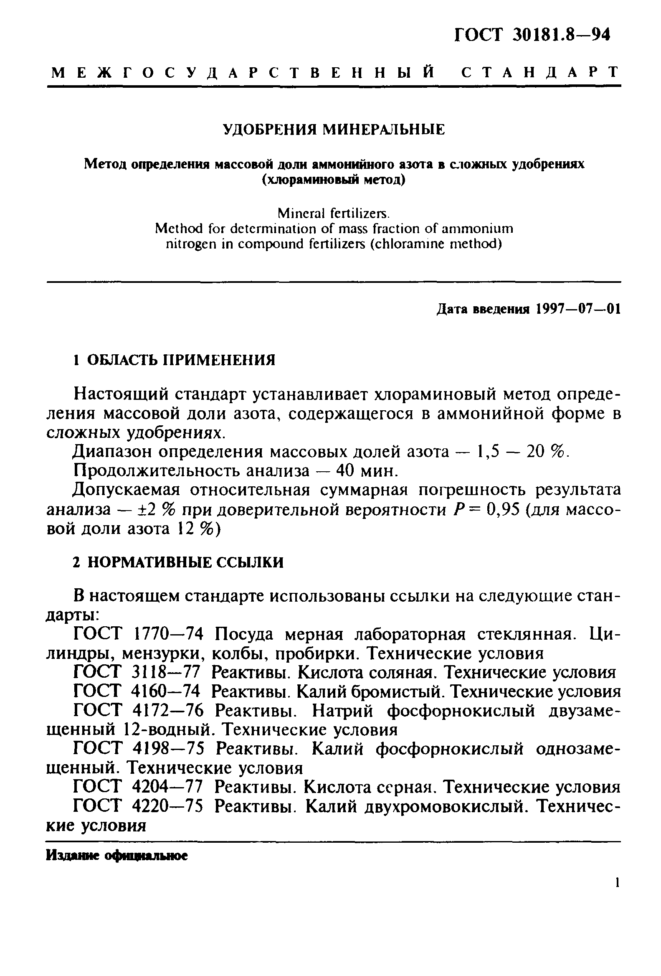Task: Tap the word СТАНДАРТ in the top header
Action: (540, 72)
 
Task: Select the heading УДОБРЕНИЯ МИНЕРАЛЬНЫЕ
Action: (333, 130)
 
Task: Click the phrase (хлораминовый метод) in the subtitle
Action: (334, 180)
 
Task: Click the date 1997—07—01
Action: (577, 310)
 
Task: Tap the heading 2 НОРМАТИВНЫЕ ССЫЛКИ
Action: (178, 562)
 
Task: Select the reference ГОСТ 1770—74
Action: (138, 634)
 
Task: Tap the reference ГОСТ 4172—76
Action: (138, 711)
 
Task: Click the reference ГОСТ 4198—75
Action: (138, 749)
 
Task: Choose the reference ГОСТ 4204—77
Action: (138, 787)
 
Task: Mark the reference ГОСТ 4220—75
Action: (138, 806)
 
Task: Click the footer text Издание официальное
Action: (116, 856)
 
